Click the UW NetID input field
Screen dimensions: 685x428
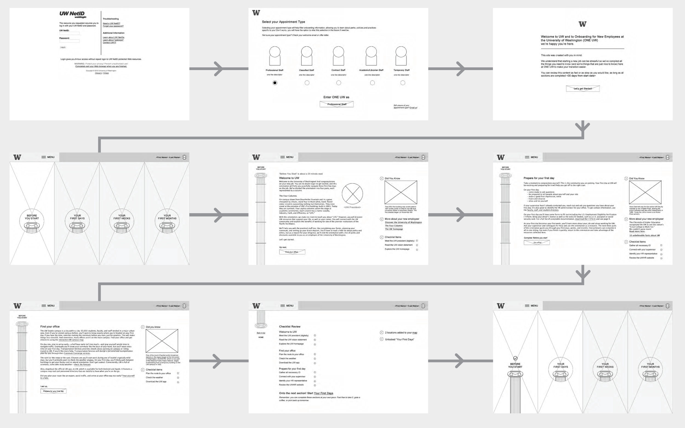click(x=69, y=33)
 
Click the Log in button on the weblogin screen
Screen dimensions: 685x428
click(x=63, y=47)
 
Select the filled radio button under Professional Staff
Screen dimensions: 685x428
click(x=275, y=83)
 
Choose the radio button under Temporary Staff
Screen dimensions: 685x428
click(x=403, y=83)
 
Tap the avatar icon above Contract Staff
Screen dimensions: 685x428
click(x=338, y=56)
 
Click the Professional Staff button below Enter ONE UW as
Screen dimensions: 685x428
click(x=336, y=104)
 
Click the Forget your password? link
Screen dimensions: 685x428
click(x=113, y=26)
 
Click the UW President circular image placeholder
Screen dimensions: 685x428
click(x=352, y=194)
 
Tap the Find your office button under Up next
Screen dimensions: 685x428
click(x=292, y=252)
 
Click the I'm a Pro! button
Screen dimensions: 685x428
click(x=536, y=243)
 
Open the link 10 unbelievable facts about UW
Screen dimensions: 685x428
click(x=644, y=236)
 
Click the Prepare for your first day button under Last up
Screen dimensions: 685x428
click(x=53, y=391)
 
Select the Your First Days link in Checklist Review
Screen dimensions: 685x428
click(x=323, y=393)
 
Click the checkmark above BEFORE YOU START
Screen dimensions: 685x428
click(x=515, y=358)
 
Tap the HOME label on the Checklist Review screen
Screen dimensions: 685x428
click(x=261, y=338)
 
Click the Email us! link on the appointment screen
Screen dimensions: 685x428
click(x=413, y=108)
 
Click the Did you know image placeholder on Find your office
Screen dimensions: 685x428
click(x=162, y=341)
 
